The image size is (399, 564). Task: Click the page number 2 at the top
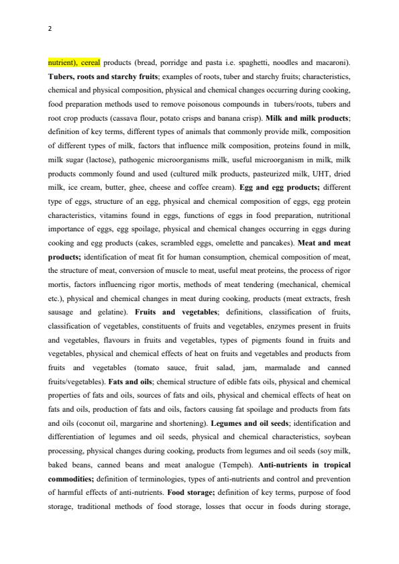tap(50, 29)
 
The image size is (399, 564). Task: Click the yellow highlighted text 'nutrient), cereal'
tap(74, 62)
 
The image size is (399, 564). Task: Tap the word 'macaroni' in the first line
tap(331, 62)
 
